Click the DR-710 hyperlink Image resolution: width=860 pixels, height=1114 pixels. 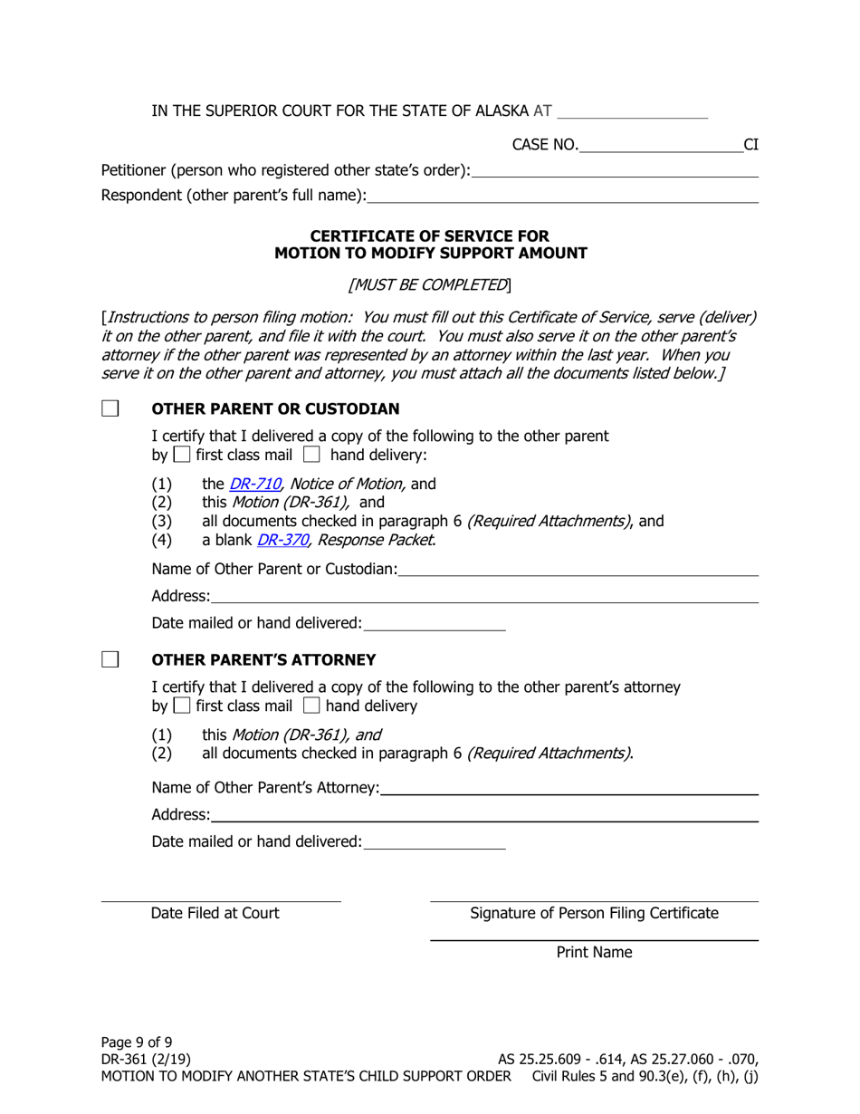click(254, 485)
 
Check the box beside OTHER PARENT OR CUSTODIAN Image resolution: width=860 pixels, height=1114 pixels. click(110, 408)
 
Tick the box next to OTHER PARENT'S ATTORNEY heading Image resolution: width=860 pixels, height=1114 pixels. click(110, 659)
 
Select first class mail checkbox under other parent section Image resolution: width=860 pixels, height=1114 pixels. click(181, 455)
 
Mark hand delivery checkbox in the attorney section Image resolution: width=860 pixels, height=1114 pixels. click(311, 706)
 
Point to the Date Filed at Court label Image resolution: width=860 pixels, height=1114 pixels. click(215, 913)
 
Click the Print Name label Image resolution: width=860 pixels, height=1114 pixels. click(594, 952)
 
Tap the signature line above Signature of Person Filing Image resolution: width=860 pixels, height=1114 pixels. click(594, 901)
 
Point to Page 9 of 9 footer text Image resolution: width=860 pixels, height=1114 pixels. click(137, 1042)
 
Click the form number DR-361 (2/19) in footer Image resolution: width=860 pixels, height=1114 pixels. click(147, 1059)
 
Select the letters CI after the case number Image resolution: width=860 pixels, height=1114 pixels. click(751, 144)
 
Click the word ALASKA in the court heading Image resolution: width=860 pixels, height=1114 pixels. click(499, 111)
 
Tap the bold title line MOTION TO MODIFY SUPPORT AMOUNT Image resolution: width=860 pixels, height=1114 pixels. click(430, 254)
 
